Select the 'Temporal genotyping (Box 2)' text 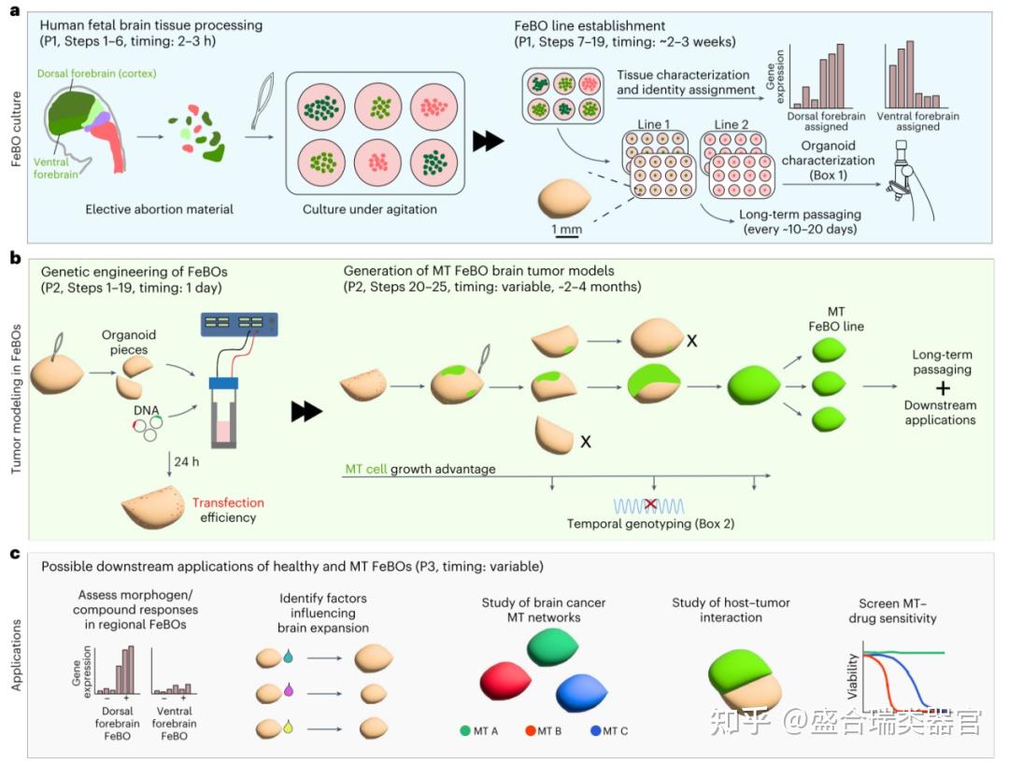(651, 525)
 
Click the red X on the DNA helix (650, 503)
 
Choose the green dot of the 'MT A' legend (464, 730)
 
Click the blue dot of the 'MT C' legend (596, 730)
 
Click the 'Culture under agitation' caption (369, 209)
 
